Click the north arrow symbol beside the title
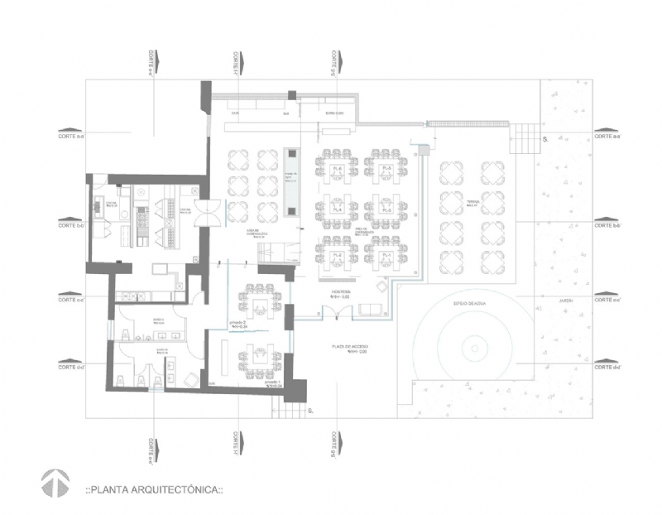(55, 484)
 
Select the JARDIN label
(566, 301)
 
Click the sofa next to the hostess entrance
(371, 310)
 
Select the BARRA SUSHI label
(333, 114)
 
